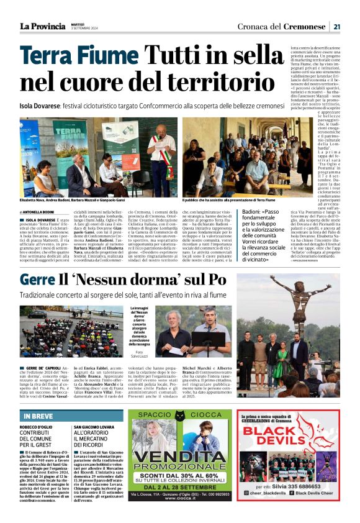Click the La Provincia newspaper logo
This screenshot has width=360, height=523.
[42, 26]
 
